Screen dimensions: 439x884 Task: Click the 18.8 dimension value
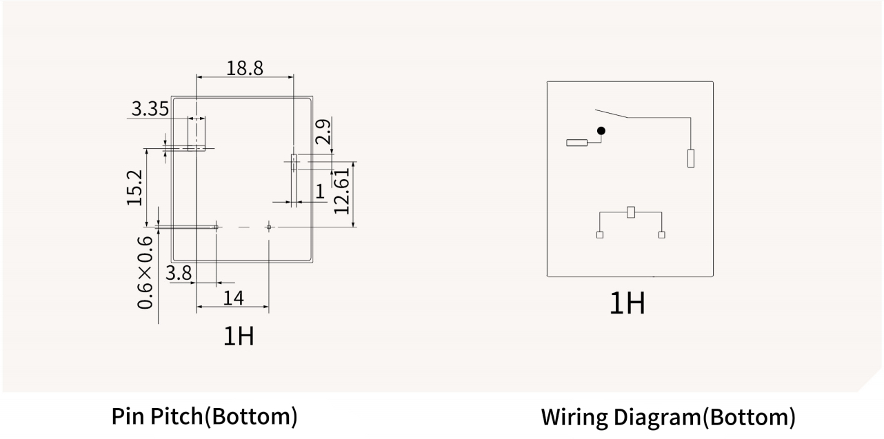pyautogui.click(x=245, y=68)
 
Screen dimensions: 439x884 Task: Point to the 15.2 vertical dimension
pyautogui.click(x=134, y=187)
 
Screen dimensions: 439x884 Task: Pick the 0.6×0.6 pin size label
pyautogui.click(x=145, y=272)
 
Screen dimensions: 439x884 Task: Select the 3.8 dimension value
pyautogui.click(x=179, y=274)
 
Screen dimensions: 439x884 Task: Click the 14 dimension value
pyautogui.click(x=234, y=298)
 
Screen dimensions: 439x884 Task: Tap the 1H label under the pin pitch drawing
pyautogui.click(x=238, y=336)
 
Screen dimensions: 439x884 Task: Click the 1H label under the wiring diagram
pyautogui.click(x=627, y=303)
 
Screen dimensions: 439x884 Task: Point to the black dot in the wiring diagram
pyautogui.click(x=601, y=130)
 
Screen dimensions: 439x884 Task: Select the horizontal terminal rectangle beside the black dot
pyautogui.click(x=577, y=143)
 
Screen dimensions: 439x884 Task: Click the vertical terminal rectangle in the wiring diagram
pyautogui.click(x=690, y=158)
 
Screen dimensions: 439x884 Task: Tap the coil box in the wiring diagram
pyautogui.click(x=630, y=212)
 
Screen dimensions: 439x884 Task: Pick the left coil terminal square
pyautogui.click(x=600, y=235)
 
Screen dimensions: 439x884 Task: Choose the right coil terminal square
pyautogui.click(x=662, y=235)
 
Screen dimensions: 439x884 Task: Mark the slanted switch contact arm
pyautogui.click(x=612, y=113)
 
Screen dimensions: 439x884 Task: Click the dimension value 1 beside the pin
pyautogui.click(x=320, y=192)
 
